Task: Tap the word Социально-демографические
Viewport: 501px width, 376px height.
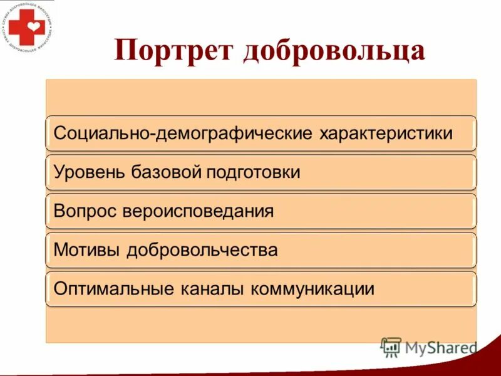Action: coord(183,133)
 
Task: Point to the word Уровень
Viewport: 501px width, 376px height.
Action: coord(90,172)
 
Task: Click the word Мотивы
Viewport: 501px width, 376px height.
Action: coord(88,250)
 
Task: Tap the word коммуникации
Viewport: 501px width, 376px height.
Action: coord(313,289)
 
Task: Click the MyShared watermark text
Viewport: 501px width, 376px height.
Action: coord(440,347)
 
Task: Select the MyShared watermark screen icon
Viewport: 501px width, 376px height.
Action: coord(391,347)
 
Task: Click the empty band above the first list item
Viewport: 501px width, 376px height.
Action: coord(261,97)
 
